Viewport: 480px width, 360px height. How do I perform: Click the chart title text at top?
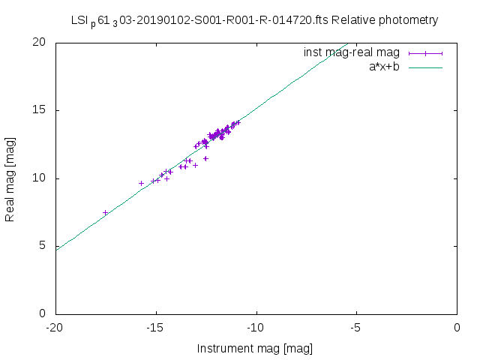(x=254, y=20)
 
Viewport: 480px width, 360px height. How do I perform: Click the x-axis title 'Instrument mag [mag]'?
(x=254, y=349)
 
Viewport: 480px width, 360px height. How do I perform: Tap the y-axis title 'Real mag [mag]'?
(x=10, y=178)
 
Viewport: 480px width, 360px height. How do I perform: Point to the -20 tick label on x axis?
(x=55, y=328)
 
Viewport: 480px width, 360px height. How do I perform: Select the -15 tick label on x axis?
(x=155, y=328)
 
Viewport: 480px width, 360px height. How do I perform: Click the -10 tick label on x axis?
(x=256, y=328)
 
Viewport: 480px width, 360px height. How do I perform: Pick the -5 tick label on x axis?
(x=356, y=328)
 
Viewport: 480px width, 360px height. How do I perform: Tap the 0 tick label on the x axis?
(x=457, y=328)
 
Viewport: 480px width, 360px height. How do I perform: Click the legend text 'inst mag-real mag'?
(x=351, y=52)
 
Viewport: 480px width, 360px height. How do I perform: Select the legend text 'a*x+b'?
(x=383, y=67)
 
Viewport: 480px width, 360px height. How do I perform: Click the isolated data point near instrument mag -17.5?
(x=106, y=213)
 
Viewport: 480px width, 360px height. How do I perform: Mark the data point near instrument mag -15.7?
(x=141, y=183)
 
